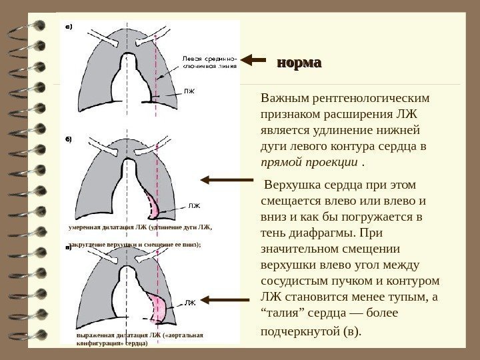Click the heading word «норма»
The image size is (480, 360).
coord(299,63)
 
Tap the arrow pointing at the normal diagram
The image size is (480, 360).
coord(254,60)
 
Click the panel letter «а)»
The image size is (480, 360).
coord(67,27)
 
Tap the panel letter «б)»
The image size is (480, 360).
coord(67,140)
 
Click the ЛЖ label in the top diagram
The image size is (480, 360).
coord(190,89)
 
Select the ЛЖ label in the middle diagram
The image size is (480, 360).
coord(194,207)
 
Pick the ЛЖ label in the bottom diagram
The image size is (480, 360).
coord(190,303)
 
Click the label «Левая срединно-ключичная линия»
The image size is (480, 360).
coord(207,63)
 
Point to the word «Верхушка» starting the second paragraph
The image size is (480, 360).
coord(291,184)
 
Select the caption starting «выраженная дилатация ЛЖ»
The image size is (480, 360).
coord(140,335)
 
